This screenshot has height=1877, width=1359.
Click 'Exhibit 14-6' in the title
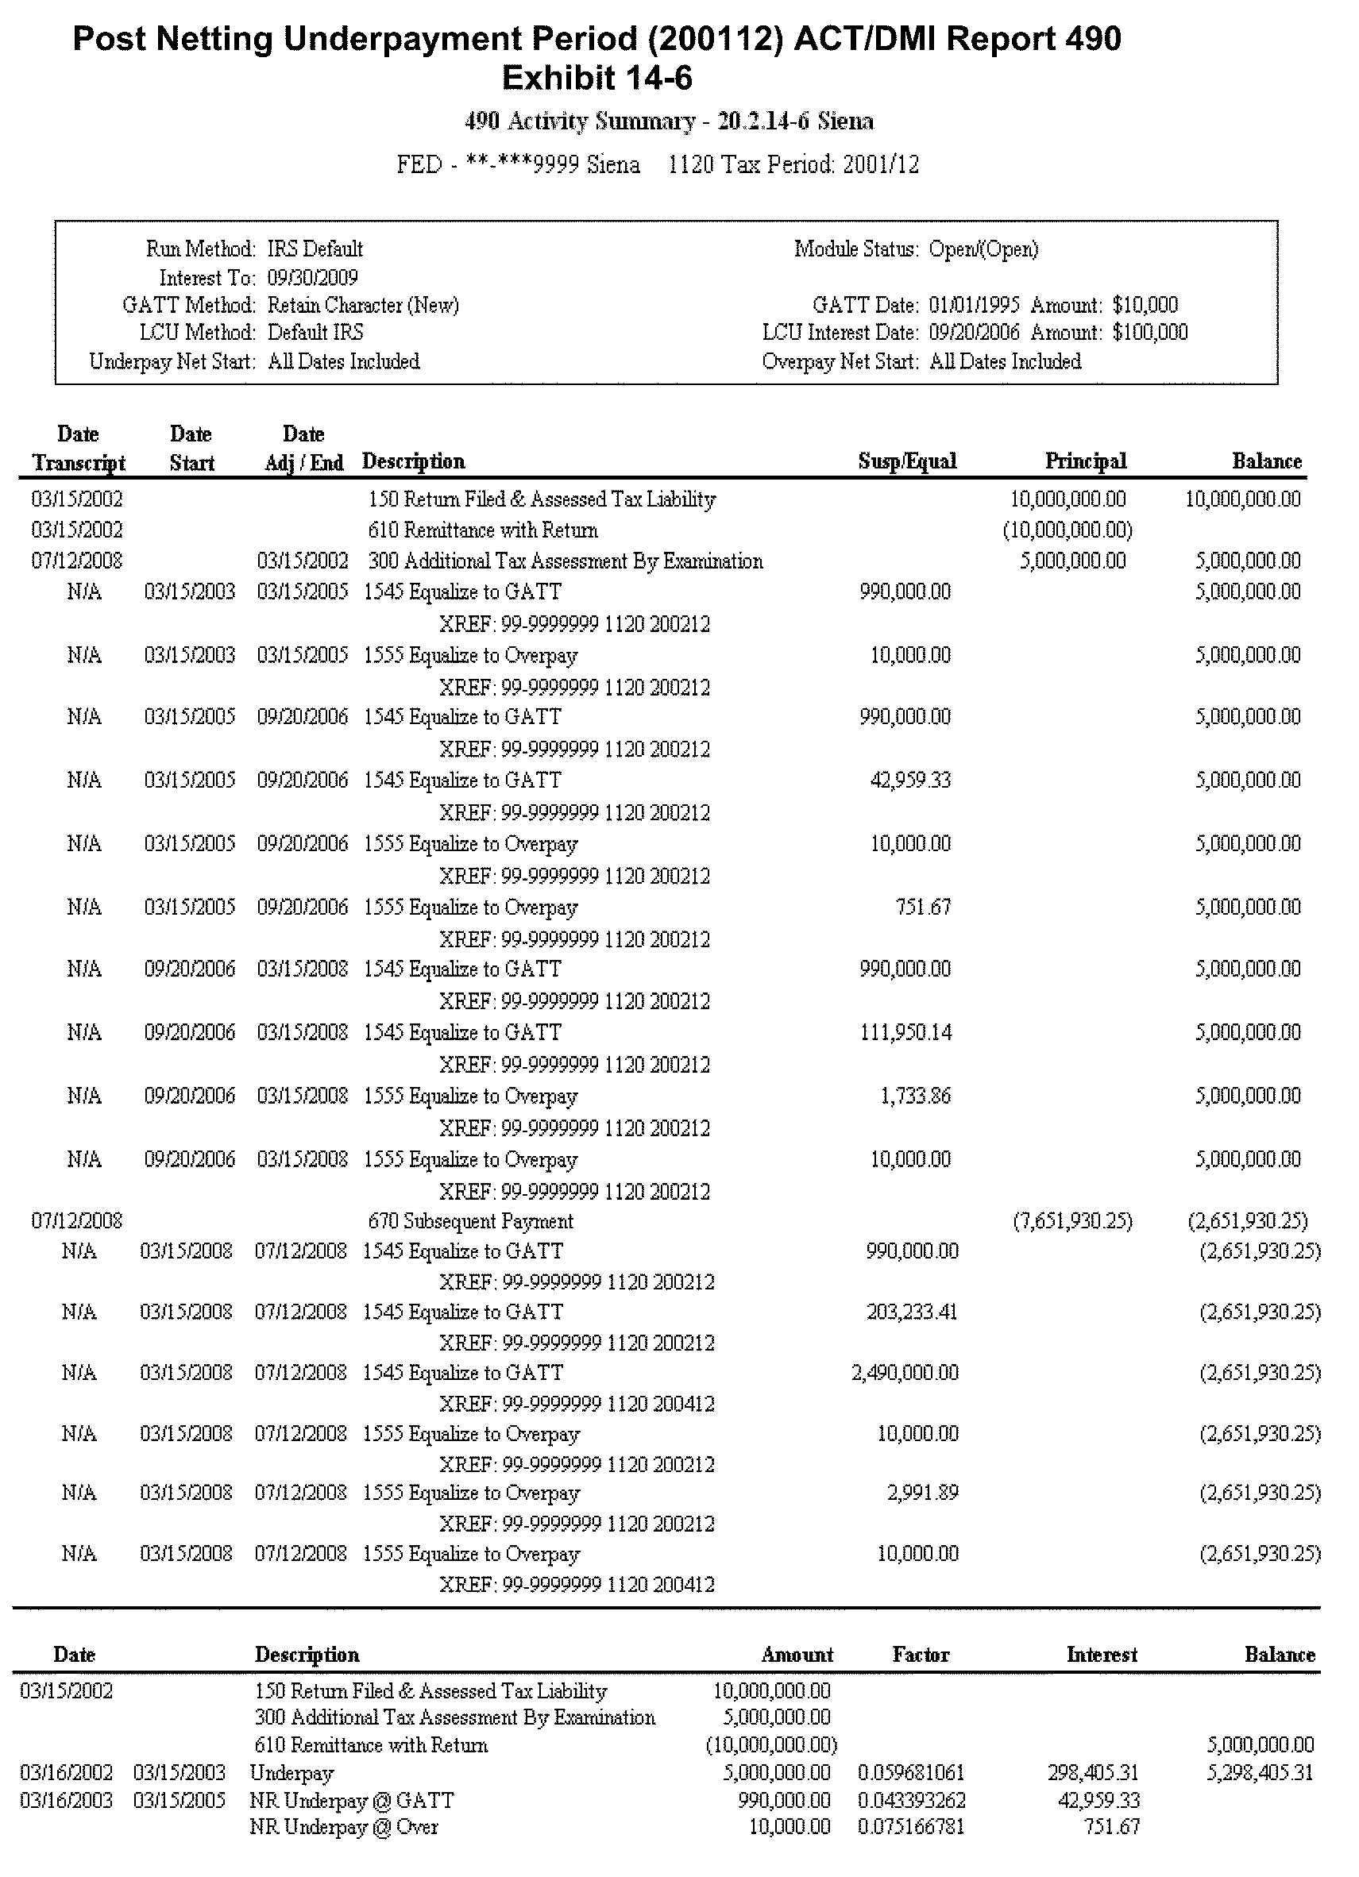click(596, 79)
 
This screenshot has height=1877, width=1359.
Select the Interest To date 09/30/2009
click(312, 277)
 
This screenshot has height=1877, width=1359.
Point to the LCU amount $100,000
click(1149, 333)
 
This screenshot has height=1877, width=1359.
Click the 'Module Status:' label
click(855, 249)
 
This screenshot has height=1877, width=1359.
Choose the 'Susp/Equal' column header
click(907, 462)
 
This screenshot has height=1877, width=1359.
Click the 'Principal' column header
click(1085, 462)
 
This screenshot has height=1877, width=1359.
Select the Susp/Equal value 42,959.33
click(909, 780)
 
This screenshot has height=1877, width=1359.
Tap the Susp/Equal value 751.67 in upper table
click(923, 907)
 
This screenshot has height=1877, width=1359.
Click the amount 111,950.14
click(905, 1033)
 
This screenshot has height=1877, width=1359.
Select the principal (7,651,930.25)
click(1071, 1221)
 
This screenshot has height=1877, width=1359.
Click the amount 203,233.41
click(911, 1312)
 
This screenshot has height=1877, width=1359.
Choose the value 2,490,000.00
click(905, 1374)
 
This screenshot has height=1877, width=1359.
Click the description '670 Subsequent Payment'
click(470, 1221)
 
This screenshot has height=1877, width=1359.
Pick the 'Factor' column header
click(921, 1655)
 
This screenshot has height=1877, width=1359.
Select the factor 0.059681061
click(910, 1774)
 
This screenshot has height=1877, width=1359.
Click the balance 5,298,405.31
click(1260, 1774)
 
